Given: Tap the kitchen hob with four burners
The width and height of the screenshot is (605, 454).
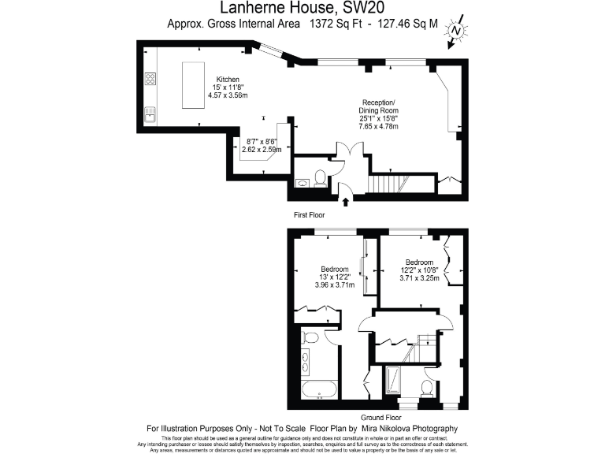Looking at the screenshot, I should tap(150, 78).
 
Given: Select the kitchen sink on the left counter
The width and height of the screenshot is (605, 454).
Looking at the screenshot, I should tap(150, 116).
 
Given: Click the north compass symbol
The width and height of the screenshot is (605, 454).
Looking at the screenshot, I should tap(455, 32).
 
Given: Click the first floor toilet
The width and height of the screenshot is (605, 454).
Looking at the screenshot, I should tap(320, 177).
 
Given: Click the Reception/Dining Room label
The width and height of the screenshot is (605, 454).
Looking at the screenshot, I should tap(379, 114).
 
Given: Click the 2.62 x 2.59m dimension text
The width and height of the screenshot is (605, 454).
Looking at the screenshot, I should tap(262, 149).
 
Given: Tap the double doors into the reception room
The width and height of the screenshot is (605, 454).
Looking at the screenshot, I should tap(346, 154).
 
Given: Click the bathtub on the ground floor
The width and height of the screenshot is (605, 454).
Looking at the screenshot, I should tap(318, 389).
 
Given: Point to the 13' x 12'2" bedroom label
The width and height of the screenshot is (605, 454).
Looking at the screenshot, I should tap(334, 277).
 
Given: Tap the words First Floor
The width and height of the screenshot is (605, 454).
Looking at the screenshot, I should tap(309, 214).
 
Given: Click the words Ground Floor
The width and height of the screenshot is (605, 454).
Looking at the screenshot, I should tap(380, 417).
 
